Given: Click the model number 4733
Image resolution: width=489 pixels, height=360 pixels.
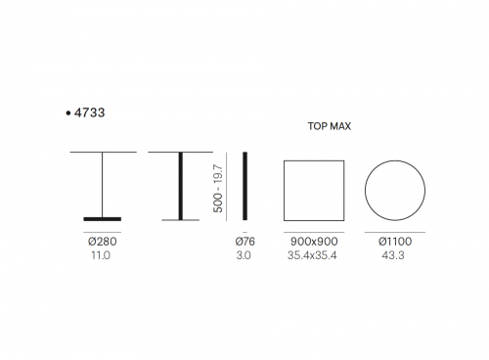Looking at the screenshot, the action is tap(89, 112).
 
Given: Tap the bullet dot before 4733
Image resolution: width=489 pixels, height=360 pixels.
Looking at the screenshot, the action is tap(67, 113).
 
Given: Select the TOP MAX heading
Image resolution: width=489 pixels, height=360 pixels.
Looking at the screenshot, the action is tap(330, 126).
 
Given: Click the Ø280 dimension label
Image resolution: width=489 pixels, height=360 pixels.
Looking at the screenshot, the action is tap(103, 242).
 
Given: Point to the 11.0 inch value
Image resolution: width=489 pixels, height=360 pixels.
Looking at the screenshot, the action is tap(101, 255).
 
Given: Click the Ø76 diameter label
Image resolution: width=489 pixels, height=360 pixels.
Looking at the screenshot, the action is tap(244, 242).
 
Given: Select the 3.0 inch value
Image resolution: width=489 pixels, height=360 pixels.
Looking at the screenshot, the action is tap(244, 255).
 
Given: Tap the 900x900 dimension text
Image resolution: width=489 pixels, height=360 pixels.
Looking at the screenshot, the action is tap(314, 242).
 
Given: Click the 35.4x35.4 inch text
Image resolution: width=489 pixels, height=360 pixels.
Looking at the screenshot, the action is tap(312, 255).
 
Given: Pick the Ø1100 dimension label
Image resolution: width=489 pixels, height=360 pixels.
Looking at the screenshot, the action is tap(395, 242).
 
